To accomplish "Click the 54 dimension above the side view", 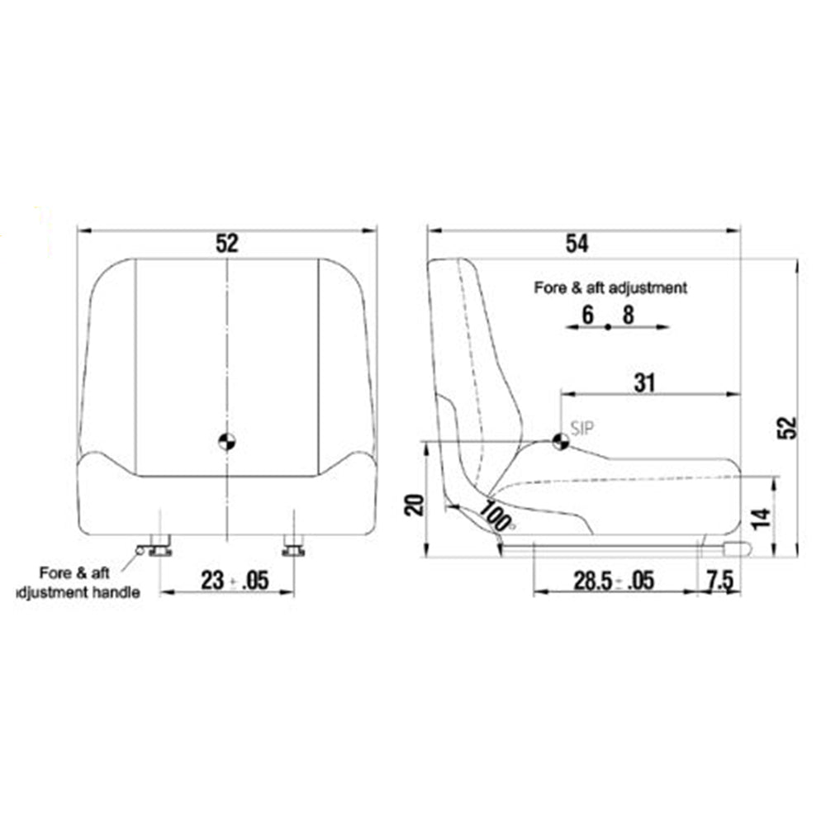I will (x=577, y=243).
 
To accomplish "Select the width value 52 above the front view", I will (x=226, y=243).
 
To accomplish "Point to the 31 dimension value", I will (x=644, y=382).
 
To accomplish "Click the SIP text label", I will (x=582, y=427).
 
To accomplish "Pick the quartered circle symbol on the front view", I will (x=226, y=440).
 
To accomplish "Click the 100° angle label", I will (x=498, y=515).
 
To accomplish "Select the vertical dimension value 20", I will (x=416, y=503).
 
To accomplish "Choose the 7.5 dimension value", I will (x=719, y=580).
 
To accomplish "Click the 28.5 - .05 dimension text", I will (x=613, y=580).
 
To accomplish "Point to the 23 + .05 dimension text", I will (x=235, y=580).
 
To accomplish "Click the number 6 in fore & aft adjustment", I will (x=587, y=314).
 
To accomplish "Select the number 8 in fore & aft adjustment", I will (x=628, y=314).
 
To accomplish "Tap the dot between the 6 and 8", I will (x=608, y=327).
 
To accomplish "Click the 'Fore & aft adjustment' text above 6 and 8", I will (x=610, y=288).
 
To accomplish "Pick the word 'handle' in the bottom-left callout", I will (x=117, y=592).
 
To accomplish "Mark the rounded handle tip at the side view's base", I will (x=737, y=548).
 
